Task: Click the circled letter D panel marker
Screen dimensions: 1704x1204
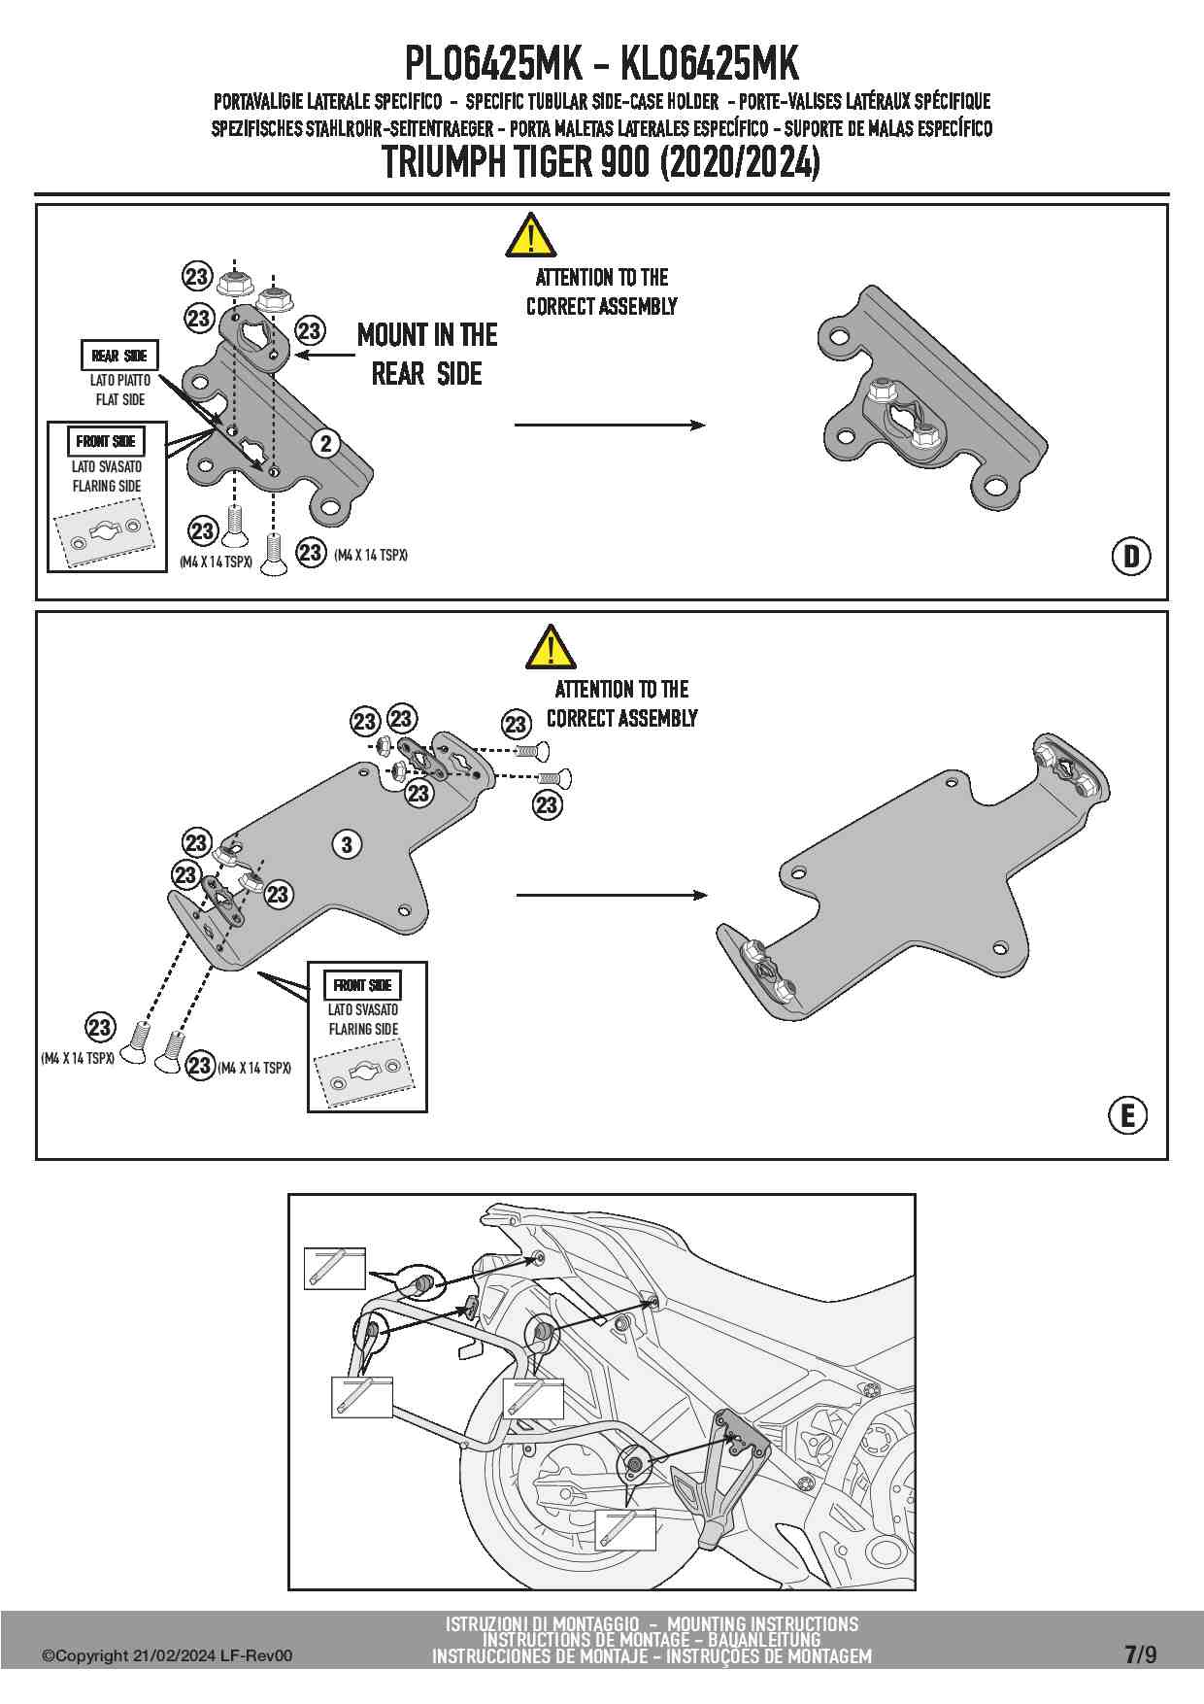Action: point(1130,557)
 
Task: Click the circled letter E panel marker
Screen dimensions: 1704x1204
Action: point(1127,1114)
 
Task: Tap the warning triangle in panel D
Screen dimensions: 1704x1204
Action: point(530,236)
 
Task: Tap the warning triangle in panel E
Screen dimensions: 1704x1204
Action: point(551,648)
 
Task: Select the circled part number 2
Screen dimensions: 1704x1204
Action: point(326,444)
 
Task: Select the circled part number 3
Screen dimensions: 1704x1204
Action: point(347,844)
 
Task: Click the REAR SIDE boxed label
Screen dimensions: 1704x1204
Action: point(118,357)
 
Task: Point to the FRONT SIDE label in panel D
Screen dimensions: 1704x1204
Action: point(107,441)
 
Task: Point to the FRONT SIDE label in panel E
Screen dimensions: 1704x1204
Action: point(362,985)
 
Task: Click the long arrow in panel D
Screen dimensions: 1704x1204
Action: point(609,425)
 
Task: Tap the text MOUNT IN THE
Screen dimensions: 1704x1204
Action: point(427,336)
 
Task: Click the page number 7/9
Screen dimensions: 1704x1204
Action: point(1140,1654)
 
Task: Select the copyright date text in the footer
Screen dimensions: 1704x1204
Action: point(166,1656)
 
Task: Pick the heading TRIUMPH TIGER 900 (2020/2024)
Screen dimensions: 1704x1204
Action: point(601,162)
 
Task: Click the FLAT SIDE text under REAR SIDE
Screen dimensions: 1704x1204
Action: point(120,399)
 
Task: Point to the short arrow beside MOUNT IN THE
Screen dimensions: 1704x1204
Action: point(324,356)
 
